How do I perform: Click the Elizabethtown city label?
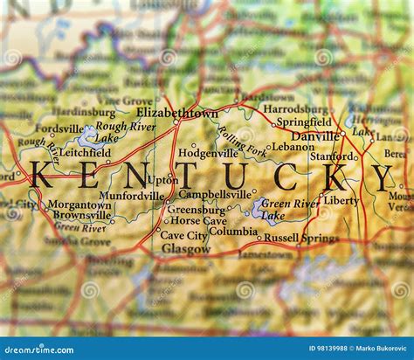coord(177,113)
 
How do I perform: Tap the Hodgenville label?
coord(208,153)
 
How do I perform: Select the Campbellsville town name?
coord(214,194)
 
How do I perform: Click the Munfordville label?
coord(131,196)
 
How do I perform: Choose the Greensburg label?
coord(196,210)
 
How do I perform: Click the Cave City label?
coord(183,235)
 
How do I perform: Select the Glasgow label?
coord(185,248)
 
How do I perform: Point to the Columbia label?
coord(233,232)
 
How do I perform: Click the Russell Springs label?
coord(301,238)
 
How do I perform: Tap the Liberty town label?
coord(341,200)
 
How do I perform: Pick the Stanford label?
coord(332,156)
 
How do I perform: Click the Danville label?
coord(315,136)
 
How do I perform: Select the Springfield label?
coord(304,122)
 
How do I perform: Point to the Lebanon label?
coord(293,147)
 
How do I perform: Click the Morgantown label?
coord(79,204)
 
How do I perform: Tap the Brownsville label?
coord(81,215)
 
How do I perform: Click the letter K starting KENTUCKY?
coord(42,175)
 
